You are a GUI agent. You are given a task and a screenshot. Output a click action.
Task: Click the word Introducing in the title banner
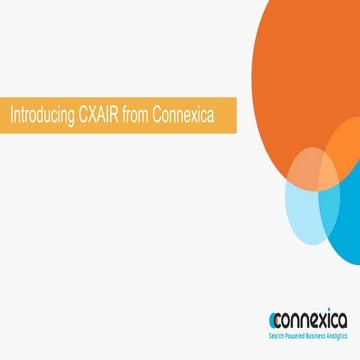[x=40, y=113]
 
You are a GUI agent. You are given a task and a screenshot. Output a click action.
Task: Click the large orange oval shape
[x=300, y=80]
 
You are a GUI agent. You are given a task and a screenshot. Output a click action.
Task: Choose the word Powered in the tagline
[x=293, y=336]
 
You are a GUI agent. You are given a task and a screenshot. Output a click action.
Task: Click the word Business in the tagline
[x=314, y=336]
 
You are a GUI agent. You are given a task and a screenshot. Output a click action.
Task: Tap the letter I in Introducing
[x=10, y=113]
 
